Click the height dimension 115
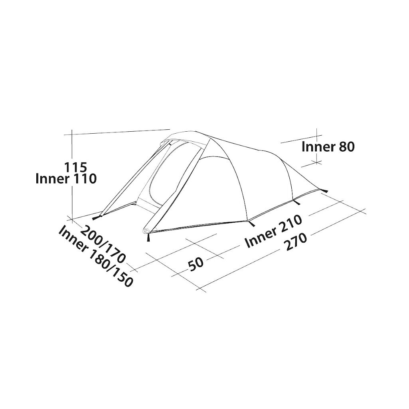75,167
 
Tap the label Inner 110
66,179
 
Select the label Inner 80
328,147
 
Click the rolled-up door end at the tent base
146,231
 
